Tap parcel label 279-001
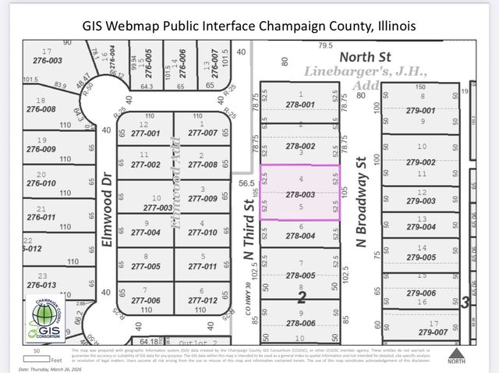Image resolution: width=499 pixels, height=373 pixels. pos(422,110)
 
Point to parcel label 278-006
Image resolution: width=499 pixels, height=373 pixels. pos(300,323)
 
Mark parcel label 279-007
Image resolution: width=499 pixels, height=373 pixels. pos(422,332)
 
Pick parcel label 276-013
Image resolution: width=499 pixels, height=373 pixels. pos(41,286)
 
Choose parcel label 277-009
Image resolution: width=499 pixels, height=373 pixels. pos(203,199)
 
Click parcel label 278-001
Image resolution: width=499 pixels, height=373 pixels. pos(300,105)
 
